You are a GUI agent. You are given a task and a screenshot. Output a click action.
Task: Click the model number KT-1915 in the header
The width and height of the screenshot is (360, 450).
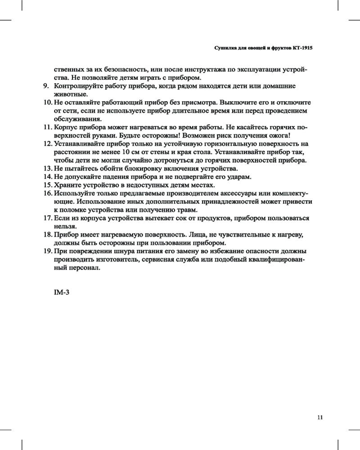(x=302, y=47)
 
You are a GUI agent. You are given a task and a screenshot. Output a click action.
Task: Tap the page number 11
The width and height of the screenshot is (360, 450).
(x=320, y=417)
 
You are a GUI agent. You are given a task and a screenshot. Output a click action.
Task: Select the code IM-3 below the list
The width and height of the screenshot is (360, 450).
(x=61, y=292)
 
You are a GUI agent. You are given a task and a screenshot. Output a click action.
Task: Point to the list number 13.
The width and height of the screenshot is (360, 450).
(x=48, y=168)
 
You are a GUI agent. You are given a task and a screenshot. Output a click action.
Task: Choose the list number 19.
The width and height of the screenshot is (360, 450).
(x=48, y=251)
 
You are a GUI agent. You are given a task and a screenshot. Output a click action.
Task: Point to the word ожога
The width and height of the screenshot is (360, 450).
(x=280, y=136)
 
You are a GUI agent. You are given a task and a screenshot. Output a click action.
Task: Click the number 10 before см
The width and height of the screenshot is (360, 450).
(x=126, y=152)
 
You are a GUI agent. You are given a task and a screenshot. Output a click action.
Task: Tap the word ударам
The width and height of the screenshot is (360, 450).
(x=238, y=177)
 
